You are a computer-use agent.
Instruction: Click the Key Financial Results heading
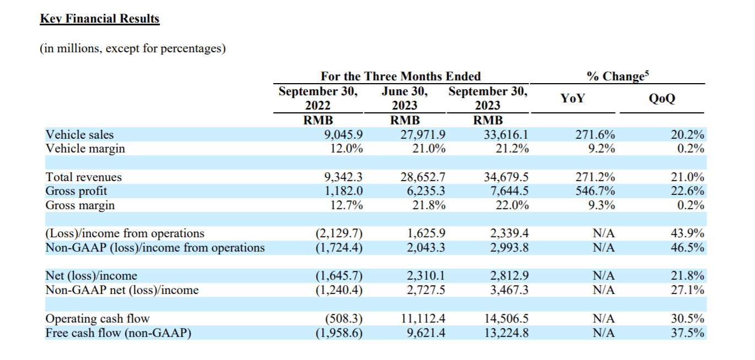pos(100,19)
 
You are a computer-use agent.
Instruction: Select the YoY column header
pos(573,99)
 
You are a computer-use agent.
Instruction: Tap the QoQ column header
pos(662,99)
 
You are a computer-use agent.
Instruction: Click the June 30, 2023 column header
pos(405,99)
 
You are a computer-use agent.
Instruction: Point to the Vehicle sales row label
pos(79,135)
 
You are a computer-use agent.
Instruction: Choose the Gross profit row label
pos(76,191)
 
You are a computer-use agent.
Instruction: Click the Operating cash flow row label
pos(97,319)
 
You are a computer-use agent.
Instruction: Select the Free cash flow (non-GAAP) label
pos(118,332)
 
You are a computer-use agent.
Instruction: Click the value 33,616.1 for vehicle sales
pos(506,135)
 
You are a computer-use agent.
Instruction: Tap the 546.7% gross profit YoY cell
pos(595,191)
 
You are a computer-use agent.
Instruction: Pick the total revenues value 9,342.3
pos(344,177)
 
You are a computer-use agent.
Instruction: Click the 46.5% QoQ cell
pos(687,248)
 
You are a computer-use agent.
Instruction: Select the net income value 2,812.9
pos(509,276)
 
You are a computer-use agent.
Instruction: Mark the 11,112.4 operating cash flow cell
pos(423,319)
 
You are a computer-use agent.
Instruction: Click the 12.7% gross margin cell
pos(346,205)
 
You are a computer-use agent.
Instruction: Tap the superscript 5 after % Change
pos(647,73)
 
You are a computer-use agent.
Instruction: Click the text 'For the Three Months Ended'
pos(401,77)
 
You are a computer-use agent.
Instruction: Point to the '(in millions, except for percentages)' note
pos(133,48)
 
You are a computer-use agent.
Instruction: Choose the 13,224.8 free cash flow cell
pos(506,332)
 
